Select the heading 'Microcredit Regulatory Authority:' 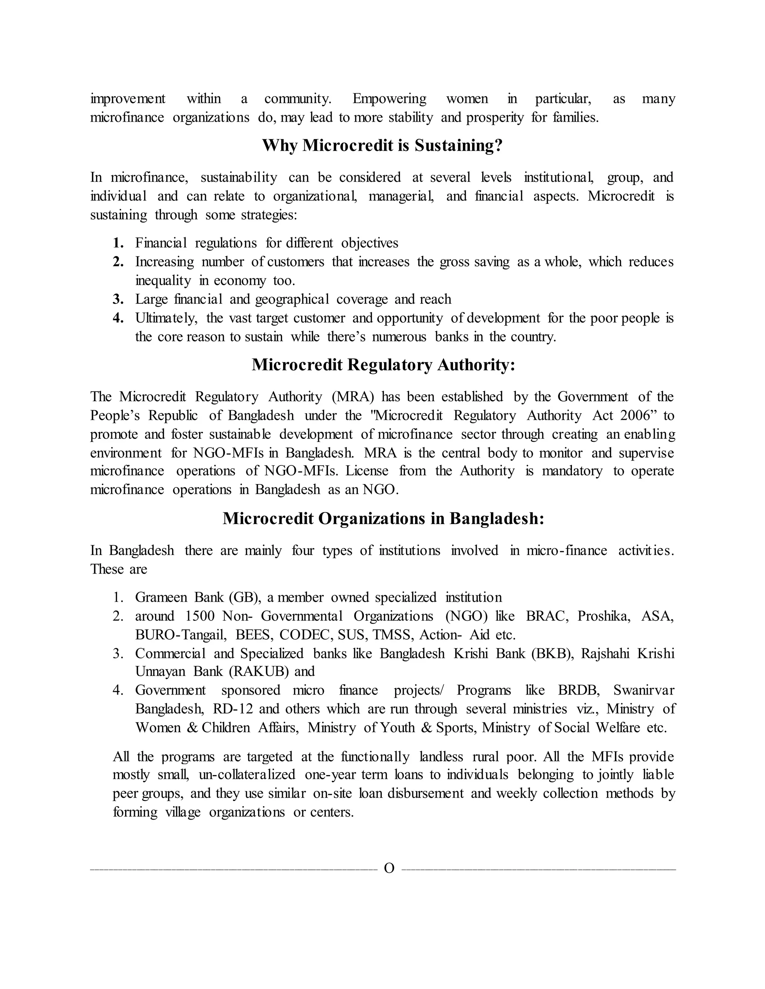383,365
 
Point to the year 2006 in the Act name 636,416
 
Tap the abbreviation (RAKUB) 258,671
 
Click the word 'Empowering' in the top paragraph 389,99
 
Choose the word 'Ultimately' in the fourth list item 166,318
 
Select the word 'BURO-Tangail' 180,635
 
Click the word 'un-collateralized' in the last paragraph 247,775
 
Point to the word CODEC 306,635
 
